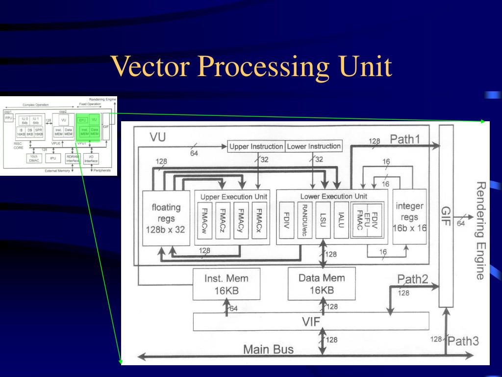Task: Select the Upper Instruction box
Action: [256, 146]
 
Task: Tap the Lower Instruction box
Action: [313, 146]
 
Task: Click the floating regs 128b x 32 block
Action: [166, 218]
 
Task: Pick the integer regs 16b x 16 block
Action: [409, 217]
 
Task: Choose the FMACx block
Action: [258, 220]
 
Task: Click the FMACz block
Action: [223, 220]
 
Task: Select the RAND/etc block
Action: [304, 220]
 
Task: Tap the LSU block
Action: [322, 220]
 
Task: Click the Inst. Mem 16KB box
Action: [226, 284]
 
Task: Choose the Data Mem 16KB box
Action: [322, 284]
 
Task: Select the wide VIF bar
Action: [311, 322]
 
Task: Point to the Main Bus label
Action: [268, 350]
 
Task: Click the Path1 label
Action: [405, 139]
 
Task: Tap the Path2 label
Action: [412, 280]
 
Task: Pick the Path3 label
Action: [463, 341]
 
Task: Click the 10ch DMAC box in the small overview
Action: [34, 158]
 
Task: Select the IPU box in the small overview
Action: [52, 159]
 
